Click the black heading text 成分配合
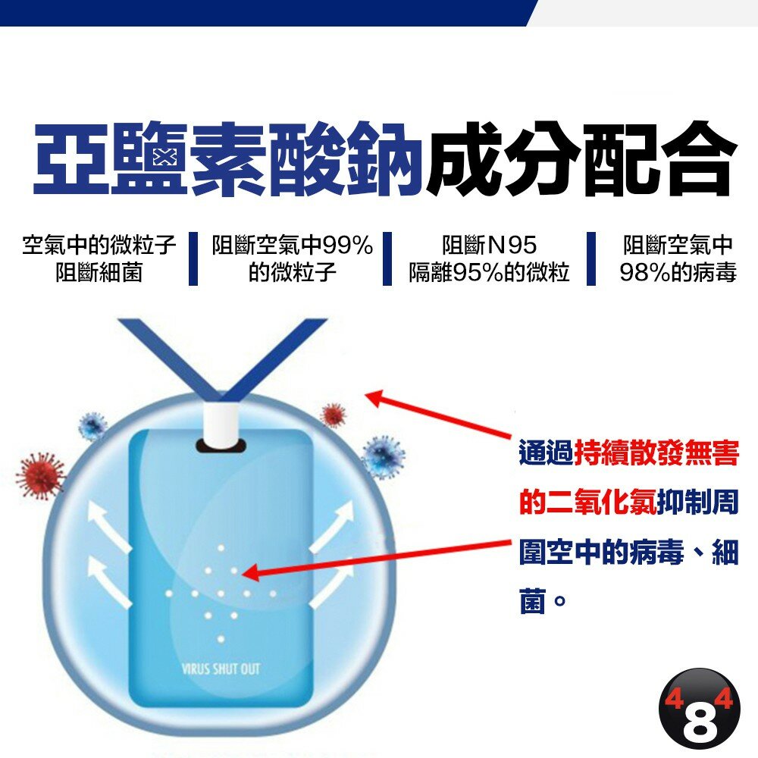click(x=578, y=159)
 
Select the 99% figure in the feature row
click(x=348, y=245)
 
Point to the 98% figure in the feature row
click(x=645, y=273)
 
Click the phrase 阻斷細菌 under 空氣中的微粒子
click(x=99, y=273)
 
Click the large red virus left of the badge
click(x=39, y=476)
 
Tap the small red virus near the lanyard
click(x=334, y=415)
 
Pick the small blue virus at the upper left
click(x=93, y=425)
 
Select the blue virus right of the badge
click(x=384, y=457)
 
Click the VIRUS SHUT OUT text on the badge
click(x=221, y=669)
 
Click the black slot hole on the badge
click(x=221, y=446)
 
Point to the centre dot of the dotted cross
click(x=221, y=594)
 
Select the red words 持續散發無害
click(x=656, y=453)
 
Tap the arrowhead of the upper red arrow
click(x=373, y=398)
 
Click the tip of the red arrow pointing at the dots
click(x=242, y=573)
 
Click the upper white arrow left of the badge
click(x=108, y=527)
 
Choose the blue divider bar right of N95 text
click(x=590, y=258)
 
